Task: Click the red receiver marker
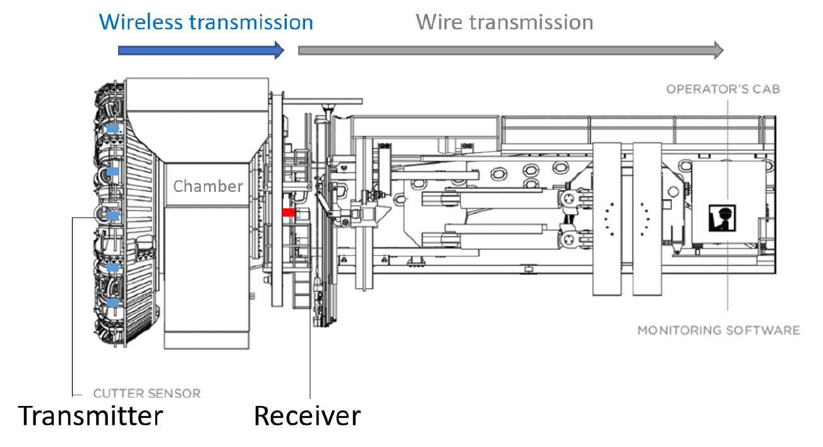click(289, 213)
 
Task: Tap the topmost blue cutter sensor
click(112, 129)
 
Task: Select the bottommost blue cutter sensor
click(112, 303)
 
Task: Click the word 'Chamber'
click(208, 186)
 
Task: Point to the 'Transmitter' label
click(90, 416)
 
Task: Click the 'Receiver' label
click(307, 416)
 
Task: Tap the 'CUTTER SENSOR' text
click(147, 393)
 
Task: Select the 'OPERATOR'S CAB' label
click(723, 89)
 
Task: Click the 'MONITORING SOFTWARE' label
click(718, 330)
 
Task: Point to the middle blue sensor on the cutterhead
click(112, 216)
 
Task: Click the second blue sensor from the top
click(113, 171)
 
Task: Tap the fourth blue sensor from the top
click(112, 268)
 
